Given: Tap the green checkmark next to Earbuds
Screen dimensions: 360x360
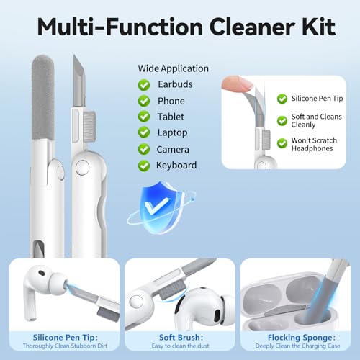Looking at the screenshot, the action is tap(144, 85).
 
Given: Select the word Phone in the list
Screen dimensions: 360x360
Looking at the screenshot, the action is tap(171, 101).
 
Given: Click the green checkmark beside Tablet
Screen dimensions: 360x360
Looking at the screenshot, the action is tap(144, 117).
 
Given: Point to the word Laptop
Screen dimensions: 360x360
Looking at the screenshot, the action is tap(172, 132).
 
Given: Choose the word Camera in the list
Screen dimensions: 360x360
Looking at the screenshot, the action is tap(173, 150).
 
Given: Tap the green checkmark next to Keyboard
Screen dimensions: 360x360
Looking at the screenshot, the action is tap(144, 166).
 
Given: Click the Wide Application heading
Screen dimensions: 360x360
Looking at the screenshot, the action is tap(173, 68).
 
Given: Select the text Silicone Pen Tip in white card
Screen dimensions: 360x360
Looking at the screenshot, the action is tap(317, 99).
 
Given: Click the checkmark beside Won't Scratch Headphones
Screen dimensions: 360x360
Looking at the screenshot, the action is tap(282, 143).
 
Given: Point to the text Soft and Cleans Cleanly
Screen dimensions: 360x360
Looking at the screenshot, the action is tap(316, 120).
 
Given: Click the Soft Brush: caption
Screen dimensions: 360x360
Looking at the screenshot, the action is tap(181, 338).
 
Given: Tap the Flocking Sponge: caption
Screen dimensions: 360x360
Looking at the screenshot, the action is tap(302, 338).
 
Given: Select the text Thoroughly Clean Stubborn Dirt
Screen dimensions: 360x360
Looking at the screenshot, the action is tap(65, 346).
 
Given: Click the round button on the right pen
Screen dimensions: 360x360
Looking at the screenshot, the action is tap(82, 167).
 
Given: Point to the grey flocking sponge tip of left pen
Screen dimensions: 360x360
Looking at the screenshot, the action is tap(42, 97).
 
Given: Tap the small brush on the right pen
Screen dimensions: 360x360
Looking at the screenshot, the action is tap(89, 126).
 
